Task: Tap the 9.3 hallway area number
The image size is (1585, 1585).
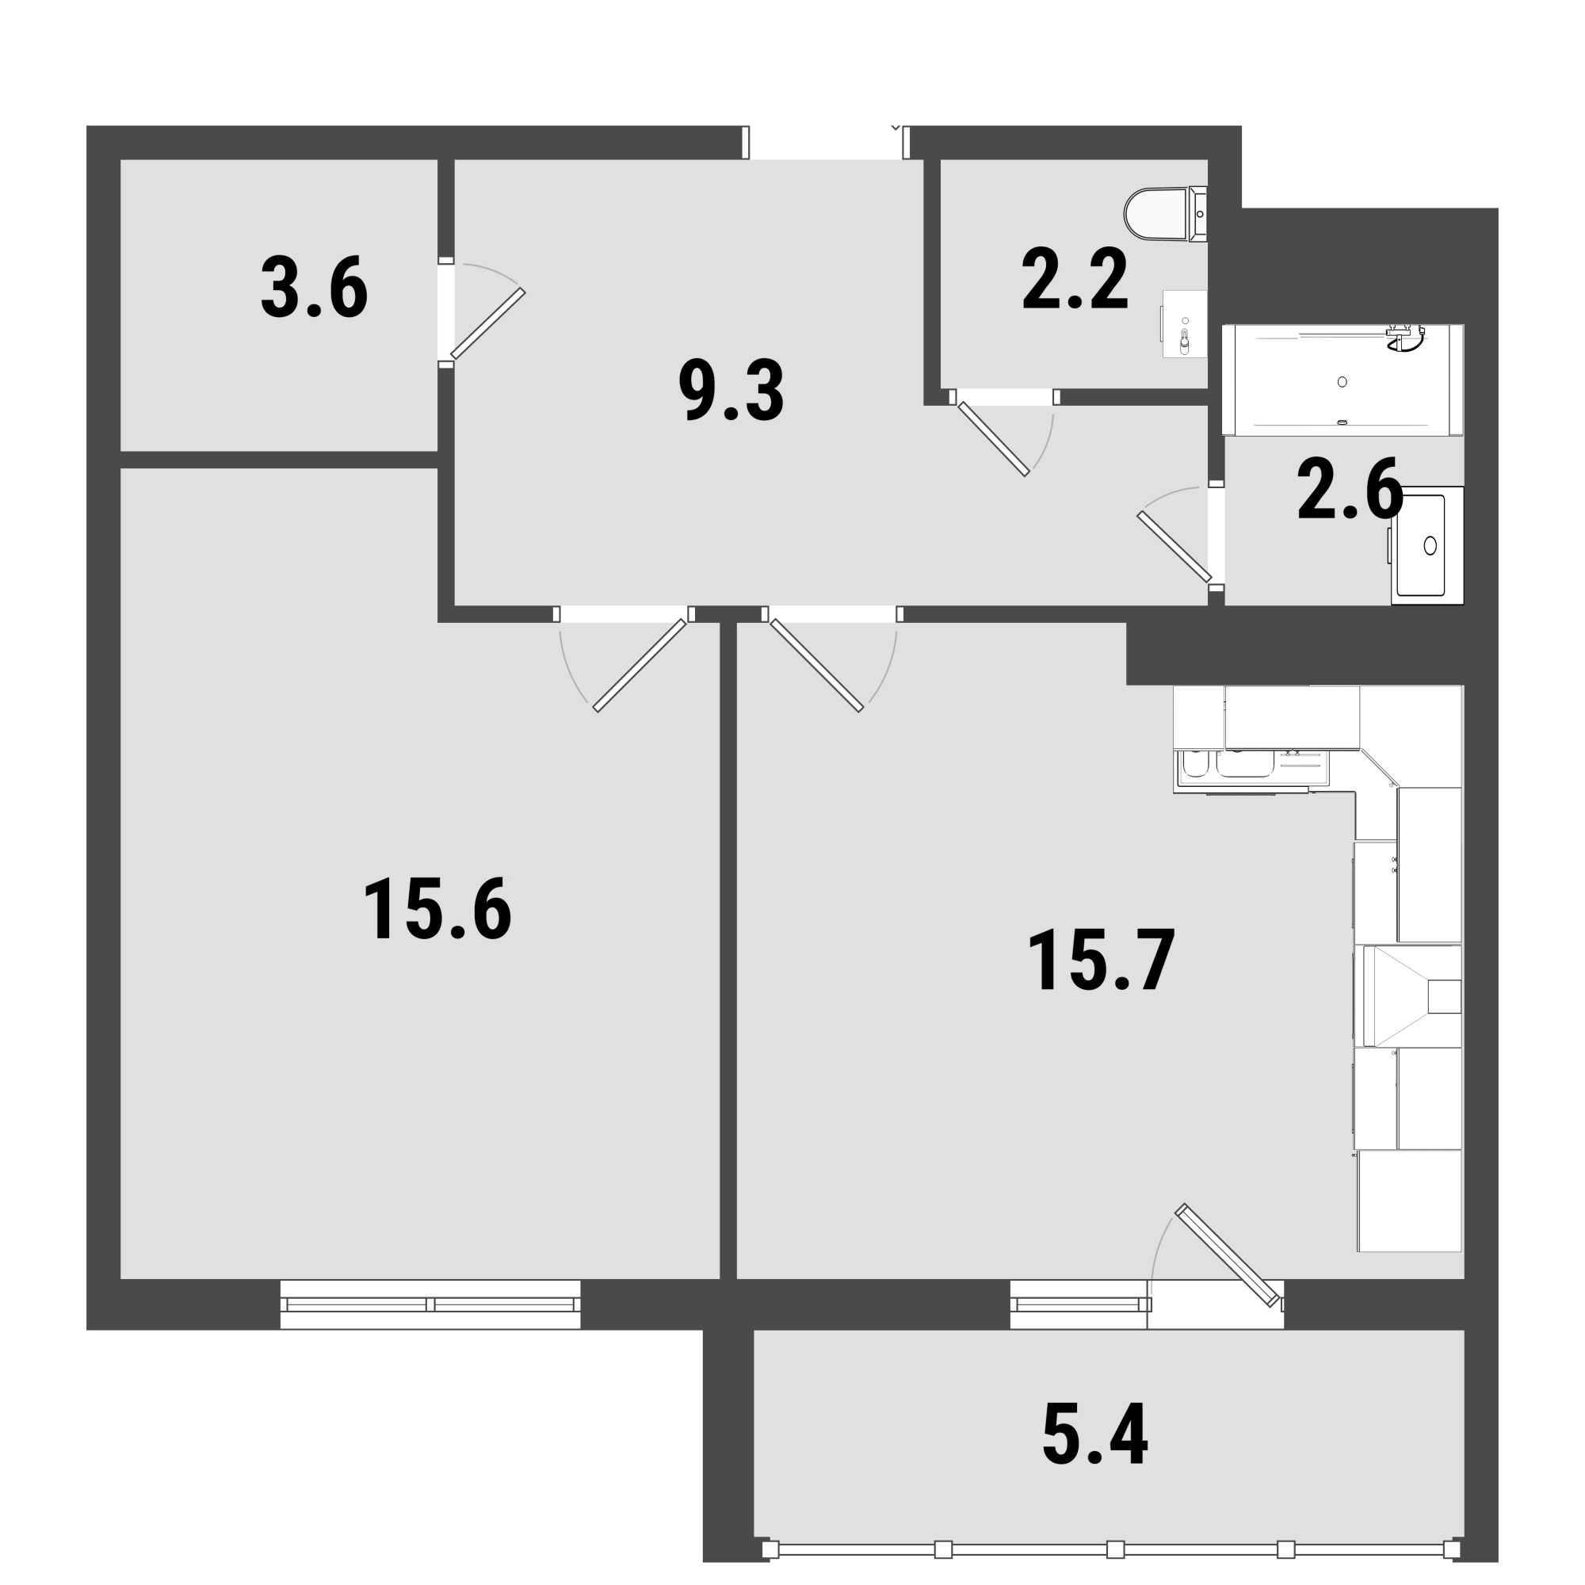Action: click(731, 391)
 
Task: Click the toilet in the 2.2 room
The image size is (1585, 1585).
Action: click(1166, 214)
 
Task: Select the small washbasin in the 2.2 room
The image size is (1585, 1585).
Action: click(1184, 324)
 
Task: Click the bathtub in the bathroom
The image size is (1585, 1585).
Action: click(1343, 380)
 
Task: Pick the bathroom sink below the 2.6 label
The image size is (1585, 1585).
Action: click(1426, 545)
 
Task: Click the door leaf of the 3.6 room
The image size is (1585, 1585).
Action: click(488, 324)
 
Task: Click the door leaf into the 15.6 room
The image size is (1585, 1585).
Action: click(640, 666)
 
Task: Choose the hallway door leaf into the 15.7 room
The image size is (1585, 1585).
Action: click(816, 666)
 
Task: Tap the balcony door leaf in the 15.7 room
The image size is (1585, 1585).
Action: click(1228, 1255)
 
